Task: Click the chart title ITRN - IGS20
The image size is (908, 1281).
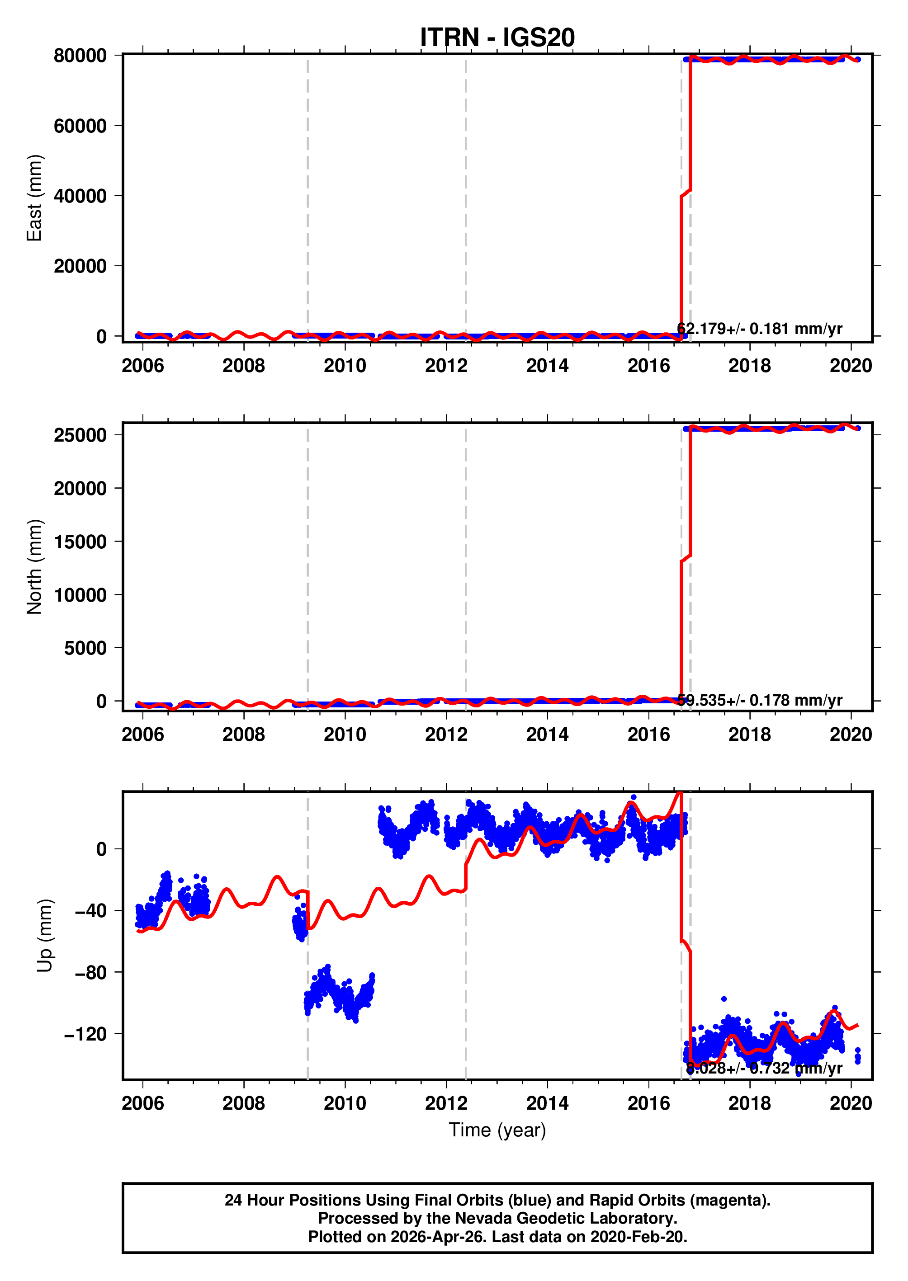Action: (497, 38)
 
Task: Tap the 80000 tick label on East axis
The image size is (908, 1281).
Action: (80, 56)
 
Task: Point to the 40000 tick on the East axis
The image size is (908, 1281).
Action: (80, 196)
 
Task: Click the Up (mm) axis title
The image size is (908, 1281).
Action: (45, 936)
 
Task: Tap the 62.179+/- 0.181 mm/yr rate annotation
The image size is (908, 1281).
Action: (759, 329)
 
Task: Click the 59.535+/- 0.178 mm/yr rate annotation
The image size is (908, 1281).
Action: (759, 700)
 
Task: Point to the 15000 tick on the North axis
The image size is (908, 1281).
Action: (80, 542)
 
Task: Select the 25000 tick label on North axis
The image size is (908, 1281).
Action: (80, 435)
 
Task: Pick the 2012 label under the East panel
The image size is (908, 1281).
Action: (446, 366)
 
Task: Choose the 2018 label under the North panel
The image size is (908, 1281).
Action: (749, 735)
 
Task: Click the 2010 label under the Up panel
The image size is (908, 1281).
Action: (345, 1103)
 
